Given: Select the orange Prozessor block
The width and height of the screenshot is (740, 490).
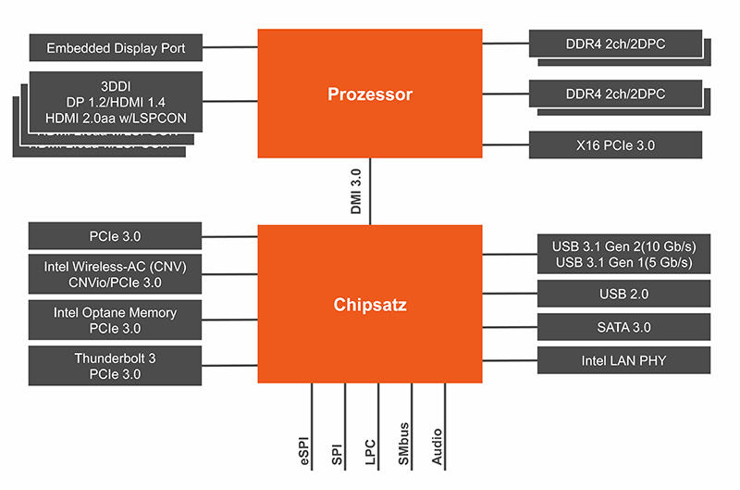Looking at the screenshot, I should point(369,94).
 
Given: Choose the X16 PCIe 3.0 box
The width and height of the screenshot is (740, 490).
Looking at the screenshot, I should point(614,144).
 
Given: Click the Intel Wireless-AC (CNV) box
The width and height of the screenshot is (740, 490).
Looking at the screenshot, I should point(116,274).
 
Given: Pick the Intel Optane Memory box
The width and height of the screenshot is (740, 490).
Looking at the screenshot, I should point(116,320).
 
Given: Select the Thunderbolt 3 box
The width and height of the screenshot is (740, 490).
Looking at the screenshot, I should point(116,367).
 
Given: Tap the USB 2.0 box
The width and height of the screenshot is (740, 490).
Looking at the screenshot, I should point(624,295).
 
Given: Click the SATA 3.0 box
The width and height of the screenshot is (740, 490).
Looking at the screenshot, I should point(624,327).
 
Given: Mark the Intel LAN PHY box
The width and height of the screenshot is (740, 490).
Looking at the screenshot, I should point(624,360).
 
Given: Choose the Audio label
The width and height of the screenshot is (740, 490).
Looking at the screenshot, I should point(437,446).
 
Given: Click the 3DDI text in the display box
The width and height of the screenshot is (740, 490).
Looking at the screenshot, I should point(116,85).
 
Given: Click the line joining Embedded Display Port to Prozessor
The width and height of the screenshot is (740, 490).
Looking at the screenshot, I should point(229,46).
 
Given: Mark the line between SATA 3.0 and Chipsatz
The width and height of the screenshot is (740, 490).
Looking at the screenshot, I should point(509,327).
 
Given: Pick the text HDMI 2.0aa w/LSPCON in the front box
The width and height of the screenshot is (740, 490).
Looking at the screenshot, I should point(116,118).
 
